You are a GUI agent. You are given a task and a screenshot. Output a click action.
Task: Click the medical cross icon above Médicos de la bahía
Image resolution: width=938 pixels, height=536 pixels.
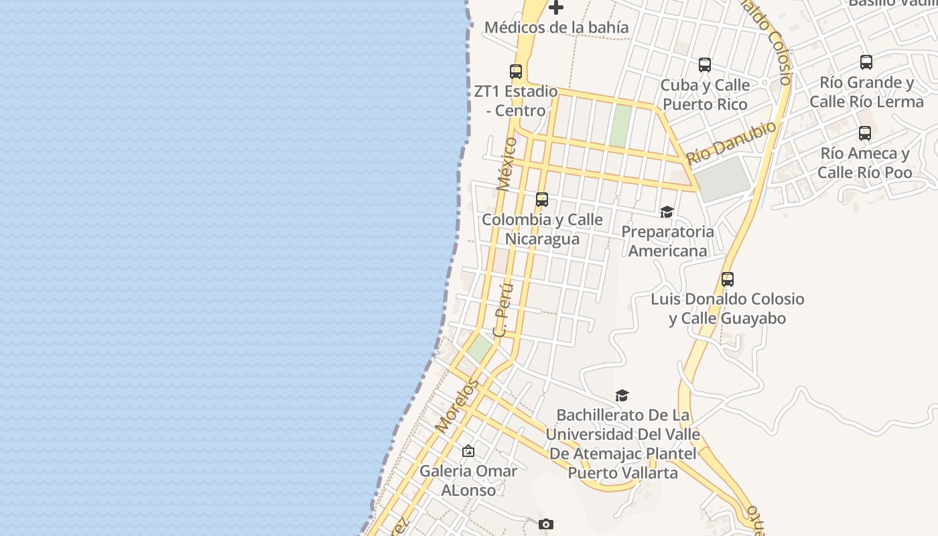[556, 7]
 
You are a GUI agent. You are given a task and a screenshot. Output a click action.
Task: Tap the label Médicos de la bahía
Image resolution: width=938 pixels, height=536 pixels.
[556, 27]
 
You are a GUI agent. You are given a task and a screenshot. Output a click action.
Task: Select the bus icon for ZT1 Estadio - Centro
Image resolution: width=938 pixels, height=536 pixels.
[516, 71]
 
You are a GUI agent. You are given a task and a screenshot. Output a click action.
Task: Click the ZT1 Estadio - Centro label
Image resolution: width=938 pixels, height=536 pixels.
[516, 100]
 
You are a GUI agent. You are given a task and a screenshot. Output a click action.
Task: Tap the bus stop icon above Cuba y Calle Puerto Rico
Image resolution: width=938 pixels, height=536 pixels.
[705, 65]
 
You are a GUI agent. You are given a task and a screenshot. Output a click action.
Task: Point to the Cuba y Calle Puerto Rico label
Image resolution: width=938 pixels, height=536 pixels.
[705, 94]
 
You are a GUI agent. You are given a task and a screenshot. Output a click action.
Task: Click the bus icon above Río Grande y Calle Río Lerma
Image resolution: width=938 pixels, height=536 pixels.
[866, 62]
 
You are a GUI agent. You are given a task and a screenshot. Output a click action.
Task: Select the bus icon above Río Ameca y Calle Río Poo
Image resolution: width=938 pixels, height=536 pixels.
[865, 133]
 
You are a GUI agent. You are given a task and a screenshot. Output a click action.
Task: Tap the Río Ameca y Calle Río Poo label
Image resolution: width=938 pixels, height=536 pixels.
[865, 163]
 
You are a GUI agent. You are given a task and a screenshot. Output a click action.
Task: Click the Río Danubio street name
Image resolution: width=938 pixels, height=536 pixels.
[732, 143]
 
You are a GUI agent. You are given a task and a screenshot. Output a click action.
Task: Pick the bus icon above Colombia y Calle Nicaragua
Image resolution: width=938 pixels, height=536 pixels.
[542, 199]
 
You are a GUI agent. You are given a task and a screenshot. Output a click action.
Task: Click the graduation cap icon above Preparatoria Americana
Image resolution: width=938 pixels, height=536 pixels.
[667, 212]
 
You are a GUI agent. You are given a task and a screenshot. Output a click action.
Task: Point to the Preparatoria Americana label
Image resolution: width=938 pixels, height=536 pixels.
[668, 241]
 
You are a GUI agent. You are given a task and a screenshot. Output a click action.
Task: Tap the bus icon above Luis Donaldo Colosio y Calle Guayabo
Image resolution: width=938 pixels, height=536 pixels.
[728, 279]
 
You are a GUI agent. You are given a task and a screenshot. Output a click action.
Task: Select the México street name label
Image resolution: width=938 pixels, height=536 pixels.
[507, 164]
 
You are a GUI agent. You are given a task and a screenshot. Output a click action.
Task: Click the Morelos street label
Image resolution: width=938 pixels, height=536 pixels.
[458, 405]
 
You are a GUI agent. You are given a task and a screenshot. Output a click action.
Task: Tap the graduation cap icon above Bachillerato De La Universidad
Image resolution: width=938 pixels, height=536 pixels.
[622, 395]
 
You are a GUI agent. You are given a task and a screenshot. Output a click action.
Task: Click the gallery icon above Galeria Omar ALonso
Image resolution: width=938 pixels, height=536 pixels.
[468, 451]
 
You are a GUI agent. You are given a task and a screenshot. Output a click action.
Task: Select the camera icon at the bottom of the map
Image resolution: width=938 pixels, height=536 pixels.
[546, 524]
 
